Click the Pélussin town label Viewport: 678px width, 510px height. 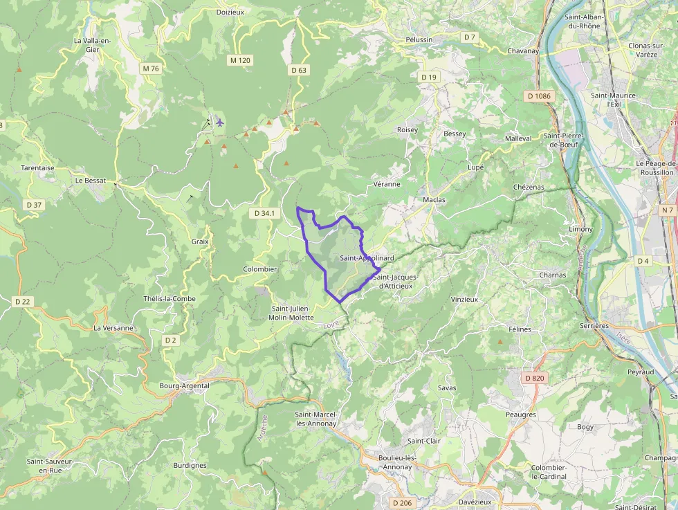(419, 39)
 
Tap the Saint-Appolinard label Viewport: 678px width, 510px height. (367, 258)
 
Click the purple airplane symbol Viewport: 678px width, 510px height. (220, 122)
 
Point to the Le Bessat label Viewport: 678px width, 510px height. (91, 181)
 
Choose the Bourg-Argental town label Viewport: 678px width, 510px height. (184, 385)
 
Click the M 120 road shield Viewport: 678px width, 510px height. (239, 60)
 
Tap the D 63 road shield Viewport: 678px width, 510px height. (299, 70)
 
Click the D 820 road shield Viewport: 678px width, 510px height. (535, 378)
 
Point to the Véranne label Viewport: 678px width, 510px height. (387, 184)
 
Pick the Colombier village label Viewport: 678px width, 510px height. (260, 269)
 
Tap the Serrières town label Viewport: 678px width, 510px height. (594, 325)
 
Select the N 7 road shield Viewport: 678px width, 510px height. (667, 210)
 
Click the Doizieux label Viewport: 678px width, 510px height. (230, 12)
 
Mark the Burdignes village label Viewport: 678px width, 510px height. (190, 466)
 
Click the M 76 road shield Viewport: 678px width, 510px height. (150, 68)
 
